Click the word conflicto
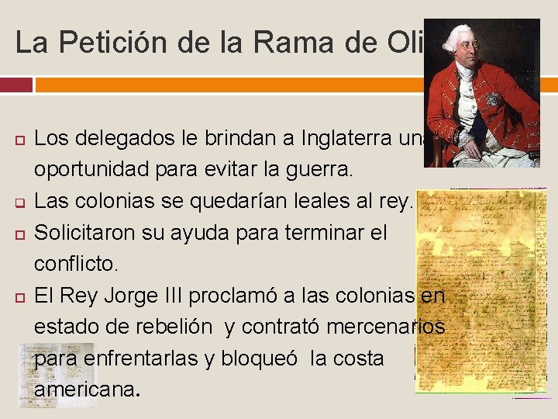pos(75,264)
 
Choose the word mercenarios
pos(383,327)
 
